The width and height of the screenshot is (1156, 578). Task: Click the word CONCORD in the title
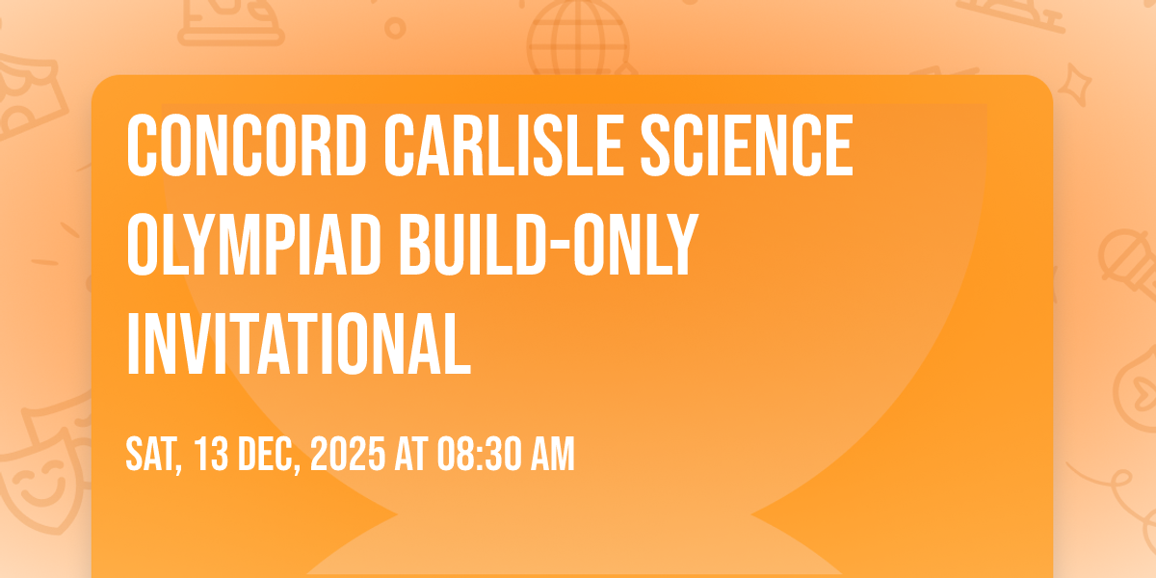[247, 145]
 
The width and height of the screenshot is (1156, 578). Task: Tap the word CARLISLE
[503, 145]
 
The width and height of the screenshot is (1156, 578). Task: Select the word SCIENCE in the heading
[747, 145]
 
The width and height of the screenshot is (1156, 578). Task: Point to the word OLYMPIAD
[253, 245]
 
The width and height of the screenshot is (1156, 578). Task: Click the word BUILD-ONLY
[548, 245]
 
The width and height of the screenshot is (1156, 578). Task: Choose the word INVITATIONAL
[299, 344]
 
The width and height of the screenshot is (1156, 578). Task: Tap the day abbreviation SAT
[154, 455]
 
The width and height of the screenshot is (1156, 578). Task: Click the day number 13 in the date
[212, 454]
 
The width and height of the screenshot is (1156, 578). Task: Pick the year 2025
[348, 454]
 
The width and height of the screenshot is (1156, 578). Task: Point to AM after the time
[553, 454]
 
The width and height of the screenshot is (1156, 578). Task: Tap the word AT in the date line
[411, 454]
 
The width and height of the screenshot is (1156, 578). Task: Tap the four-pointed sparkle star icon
[1075, 85]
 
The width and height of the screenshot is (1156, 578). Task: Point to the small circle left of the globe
[395, 28]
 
